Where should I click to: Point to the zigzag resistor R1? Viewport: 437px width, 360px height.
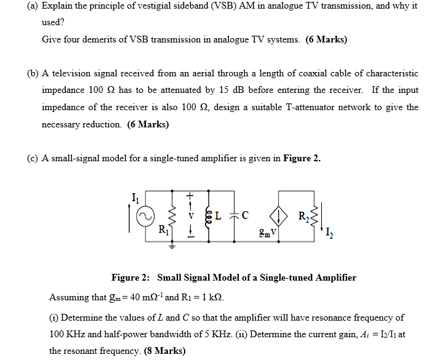click(171, 216)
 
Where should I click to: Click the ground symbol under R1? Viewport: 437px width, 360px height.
click(171, 244)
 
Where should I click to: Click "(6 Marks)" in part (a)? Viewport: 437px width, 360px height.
click(326, 39)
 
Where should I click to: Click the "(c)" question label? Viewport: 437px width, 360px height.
click(33, 158)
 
